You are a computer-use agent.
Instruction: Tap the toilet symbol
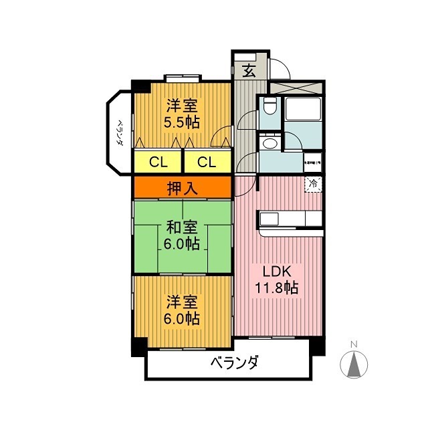click(x=269, y=106)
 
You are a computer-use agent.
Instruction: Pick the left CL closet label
click(x=158, y=162)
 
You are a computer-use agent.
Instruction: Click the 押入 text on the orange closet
click(x=183, y=188)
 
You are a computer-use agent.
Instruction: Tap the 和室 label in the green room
click(x=183, y=227)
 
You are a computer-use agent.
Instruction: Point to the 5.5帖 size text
click(x=183, y=122)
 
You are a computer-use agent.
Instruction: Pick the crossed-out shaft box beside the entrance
click(x=297, y=87)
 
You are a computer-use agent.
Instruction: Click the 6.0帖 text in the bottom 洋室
click(x=183, y=319)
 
